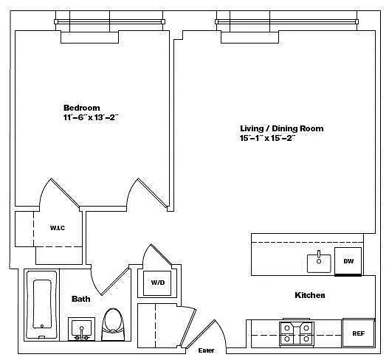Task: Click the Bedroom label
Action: coord(82,108)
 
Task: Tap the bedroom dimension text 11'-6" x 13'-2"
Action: coord(91,117)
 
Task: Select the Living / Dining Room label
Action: coord(282,128)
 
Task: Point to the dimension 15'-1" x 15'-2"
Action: coord(268,138)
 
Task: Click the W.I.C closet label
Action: coord(58,228)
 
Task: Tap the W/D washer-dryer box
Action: coord(157,283)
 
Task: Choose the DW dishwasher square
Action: coord(348,261)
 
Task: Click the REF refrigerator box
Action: coord(359,333)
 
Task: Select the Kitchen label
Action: coord(310,295)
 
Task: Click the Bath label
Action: coord(81,299)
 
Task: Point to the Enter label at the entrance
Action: coord(206,350)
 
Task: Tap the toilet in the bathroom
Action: coord(113,325)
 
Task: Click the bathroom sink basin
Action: coord(81,328)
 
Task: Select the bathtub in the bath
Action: coord(41,305)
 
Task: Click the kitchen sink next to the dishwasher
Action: coord(319,263)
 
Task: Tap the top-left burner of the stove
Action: coord(287,328)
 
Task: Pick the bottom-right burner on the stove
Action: coord(306,339)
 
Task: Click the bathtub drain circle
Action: coord(42,326)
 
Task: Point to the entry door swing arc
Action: coord(221,332)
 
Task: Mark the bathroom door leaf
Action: coord(115,281)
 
